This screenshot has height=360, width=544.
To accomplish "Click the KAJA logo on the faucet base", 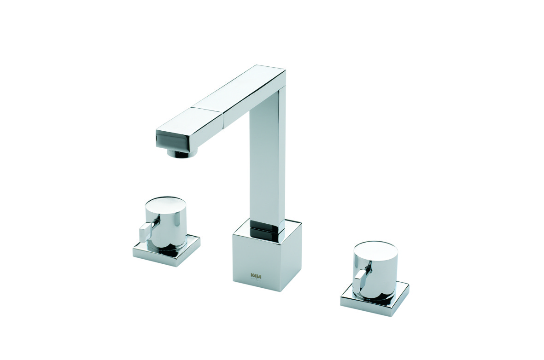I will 256,276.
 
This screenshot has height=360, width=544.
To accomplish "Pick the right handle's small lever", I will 360,278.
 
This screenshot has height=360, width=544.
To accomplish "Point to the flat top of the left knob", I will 165,203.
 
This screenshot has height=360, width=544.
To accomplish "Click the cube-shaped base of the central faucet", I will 258,260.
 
